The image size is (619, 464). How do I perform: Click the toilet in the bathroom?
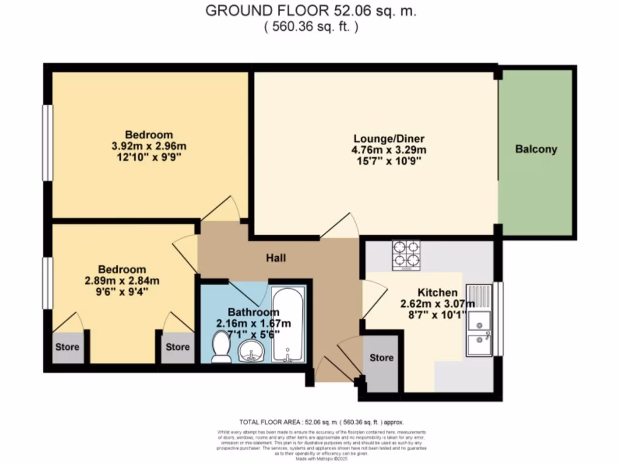221,349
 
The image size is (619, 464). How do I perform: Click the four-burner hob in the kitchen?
406,254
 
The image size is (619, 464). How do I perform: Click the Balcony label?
536,149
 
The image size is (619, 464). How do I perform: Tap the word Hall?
276,258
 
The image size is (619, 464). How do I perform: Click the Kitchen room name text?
429,292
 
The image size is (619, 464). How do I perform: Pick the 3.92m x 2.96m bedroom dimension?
149,146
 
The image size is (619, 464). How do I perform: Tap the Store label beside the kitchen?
381,358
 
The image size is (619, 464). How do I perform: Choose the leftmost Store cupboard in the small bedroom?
68,348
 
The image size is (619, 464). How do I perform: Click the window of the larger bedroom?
46,143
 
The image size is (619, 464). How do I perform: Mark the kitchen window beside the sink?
499,318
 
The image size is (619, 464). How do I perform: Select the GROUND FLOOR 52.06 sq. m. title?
311,11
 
